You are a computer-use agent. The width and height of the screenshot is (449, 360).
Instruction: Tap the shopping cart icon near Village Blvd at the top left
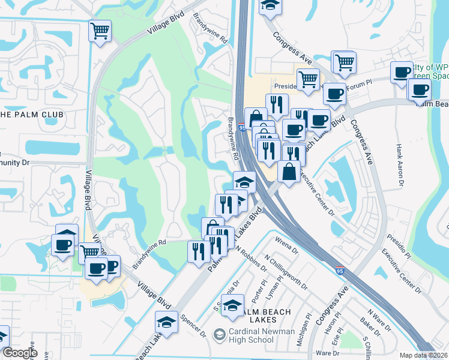coord(100,31)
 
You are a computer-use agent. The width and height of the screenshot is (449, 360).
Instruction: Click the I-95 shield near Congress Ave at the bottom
coord(340,271)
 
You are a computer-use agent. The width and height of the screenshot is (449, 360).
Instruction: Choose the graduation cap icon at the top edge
coord(270,6)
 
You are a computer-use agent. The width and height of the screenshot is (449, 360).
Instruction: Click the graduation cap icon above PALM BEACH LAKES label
coord(232,305)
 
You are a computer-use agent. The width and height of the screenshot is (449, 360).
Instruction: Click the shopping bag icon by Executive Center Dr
coord(289,172)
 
